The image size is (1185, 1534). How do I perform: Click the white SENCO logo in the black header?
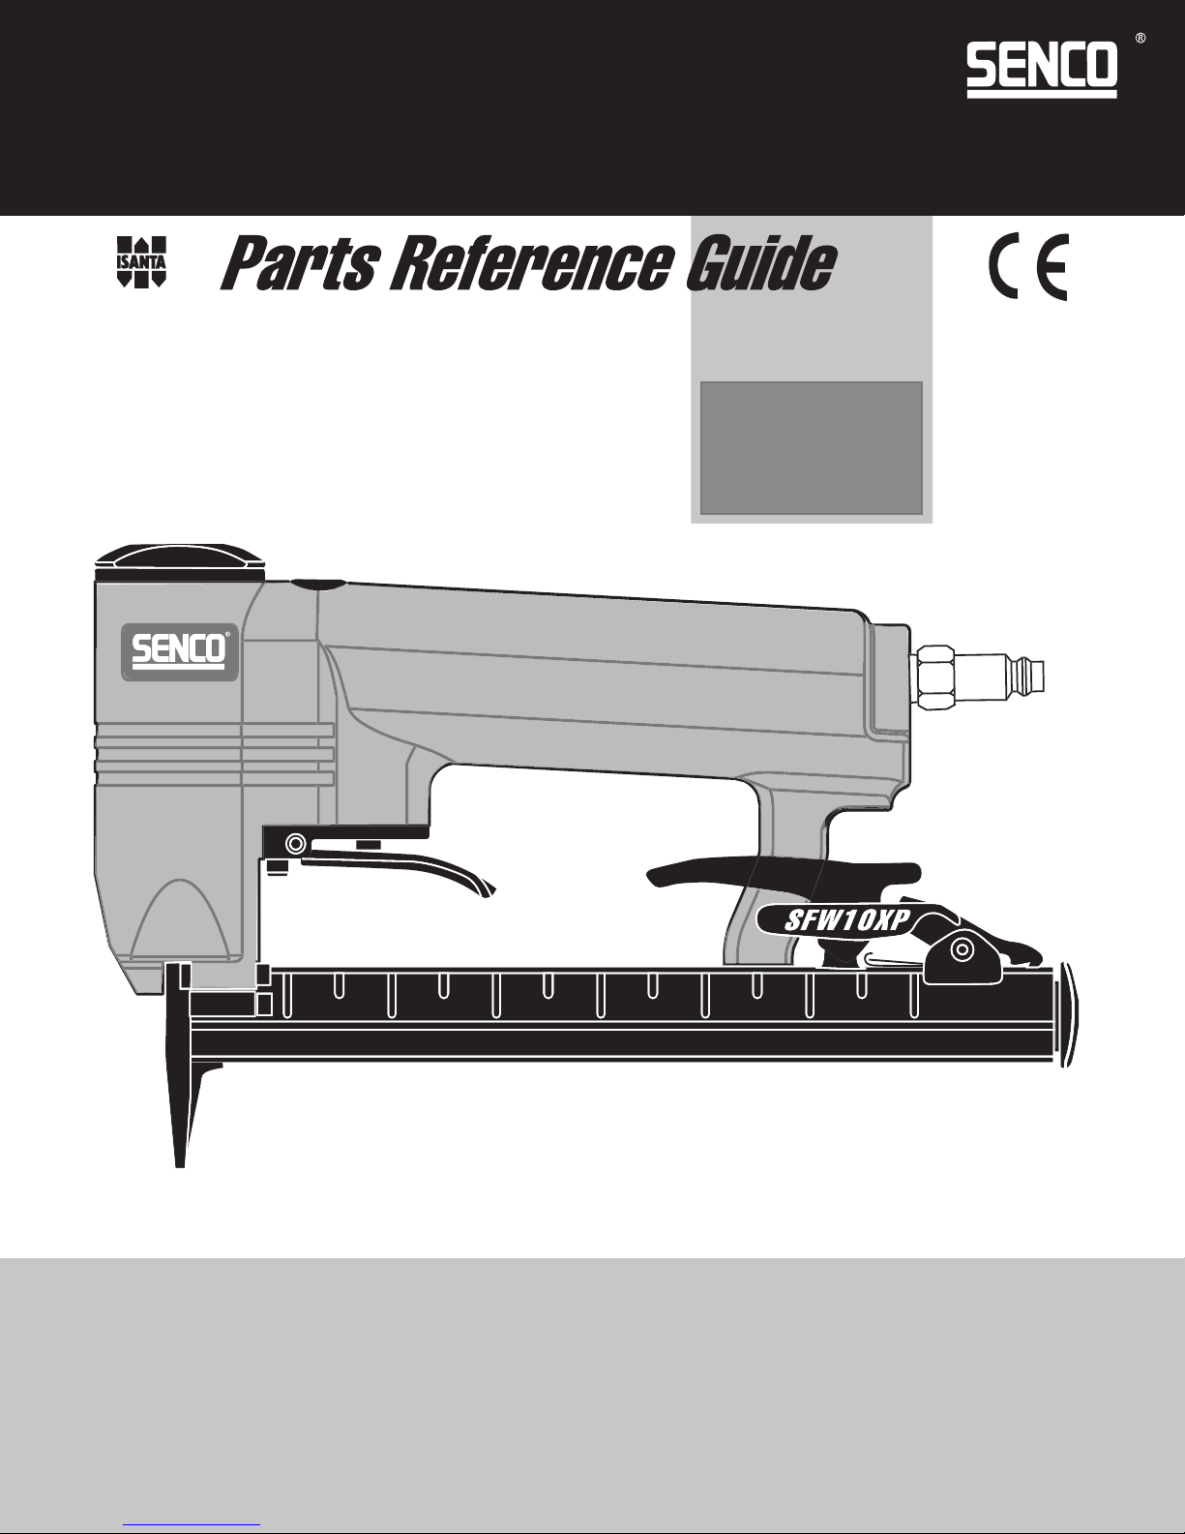(x=1041, y=69)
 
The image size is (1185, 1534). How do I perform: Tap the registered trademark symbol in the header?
(x=1141, y=39)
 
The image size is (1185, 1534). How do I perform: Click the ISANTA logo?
(x=140, y=261)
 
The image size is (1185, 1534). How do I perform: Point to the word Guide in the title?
(x=760, y=264)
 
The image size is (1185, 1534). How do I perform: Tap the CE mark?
(x=1028, y=267)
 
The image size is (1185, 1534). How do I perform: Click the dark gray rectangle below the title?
(x=812, y=447)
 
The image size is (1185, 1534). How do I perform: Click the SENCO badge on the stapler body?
(x=180, y=651)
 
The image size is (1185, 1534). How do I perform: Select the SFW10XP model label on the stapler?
(x=845, y=920)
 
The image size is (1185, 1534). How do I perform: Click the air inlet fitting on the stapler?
(x=978, y=677)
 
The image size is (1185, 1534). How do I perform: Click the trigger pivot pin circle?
(x=295, y=843)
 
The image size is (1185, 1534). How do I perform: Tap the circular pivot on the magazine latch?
(x=962, y=949)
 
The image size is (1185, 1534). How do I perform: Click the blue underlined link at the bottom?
(x=192, y=1525)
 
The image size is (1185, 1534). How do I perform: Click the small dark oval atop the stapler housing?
(x=317, y=585)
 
